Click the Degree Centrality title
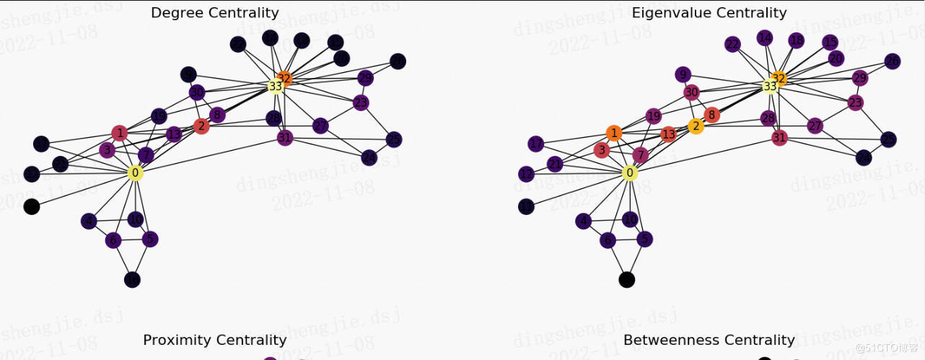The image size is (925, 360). tap(214, 13)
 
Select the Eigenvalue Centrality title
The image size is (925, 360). tap(709, 13)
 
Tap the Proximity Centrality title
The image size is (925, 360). tap(214, 340)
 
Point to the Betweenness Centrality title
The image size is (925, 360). tap(709, 340)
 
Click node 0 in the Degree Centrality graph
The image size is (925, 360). tap(135, 173)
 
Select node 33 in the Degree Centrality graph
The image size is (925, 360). tap(275, 86)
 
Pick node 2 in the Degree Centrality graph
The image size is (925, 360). tap(201, 126)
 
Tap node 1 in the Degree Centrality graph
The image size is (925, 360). tap(120, 133)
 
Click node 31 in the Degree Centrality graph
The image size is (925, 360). tap(285, 138)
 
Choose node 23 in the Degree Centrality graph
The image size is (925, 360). tap(361, 103)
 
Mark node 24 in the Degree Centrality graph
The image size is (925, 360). tap(369, 157)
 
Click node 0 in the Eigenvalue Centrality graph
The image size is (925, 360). tap(630, 173)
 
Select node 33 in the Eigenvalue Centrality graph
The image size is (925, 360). tap(770, 86)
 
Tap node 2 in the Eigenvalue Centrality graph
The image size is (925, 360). tap(696, 126)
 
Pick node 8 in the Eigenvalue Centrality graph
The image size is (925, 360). tap(711, 115)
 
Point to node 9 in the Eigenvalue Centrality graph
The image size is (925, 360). tap(683, 74)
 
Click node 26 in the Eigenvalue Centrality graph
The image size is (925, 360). tap(893, 61)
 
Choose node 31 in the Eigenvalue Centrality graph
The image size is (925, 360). tap(779, 138)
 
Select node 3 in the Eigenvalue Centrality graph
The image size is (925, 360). tap(602, 150)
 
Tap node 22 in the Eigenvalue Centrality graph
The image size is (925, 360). tap(732, 45)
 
